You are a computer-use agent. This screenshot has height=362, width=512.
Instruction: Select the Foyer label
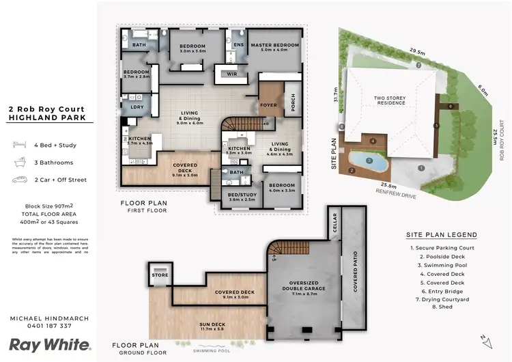(268, 105)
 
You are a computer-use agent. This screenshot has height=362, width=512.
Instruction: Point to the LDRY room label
(137, 107)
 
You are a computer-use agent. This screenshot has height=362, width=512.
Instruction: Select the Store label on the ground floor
(160, 276)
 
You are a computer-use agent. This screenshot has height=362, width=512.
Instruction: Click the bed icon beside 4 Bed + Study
(17, 145)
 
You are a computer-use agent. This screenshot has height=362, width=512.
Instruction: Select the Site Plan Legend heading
(441, 235)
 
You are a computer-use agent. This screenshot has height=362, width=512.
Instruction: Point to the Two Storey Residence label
(390, 102)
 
